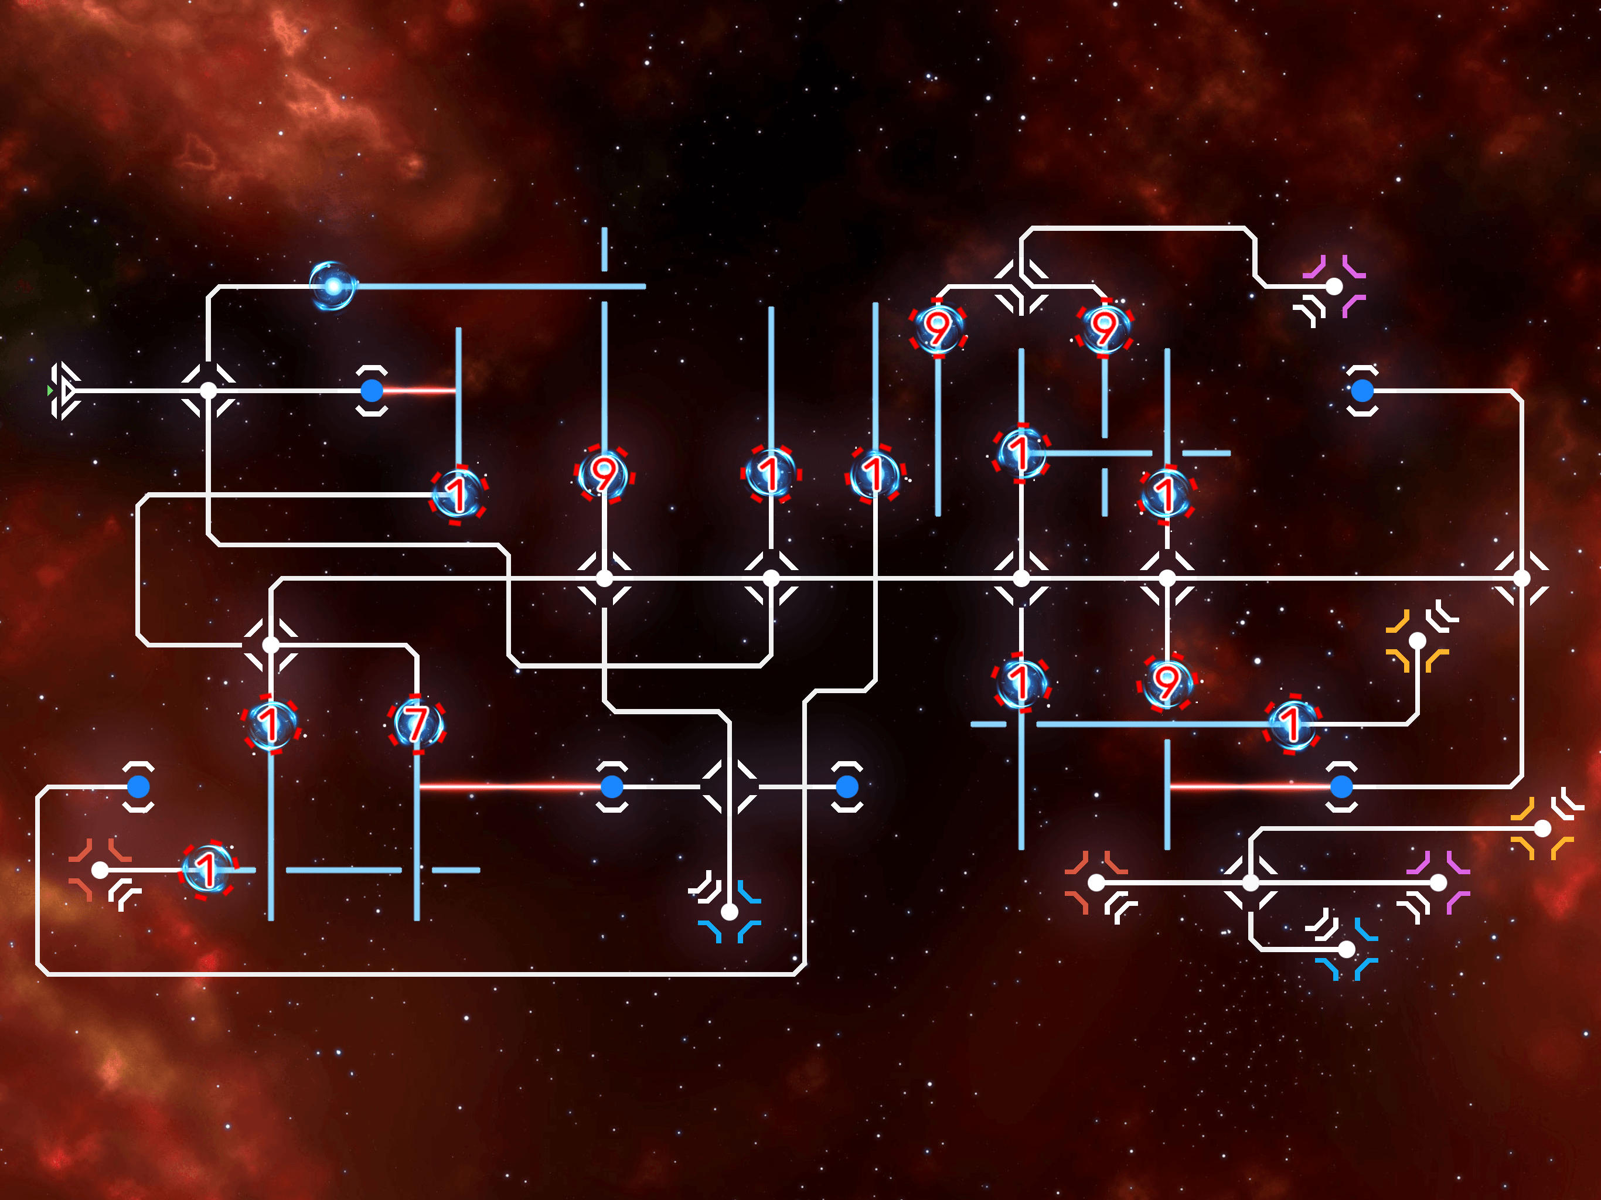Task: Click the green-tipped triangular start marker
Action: tap(64, 391)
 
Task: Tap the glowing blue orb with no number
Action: tap(333, 287)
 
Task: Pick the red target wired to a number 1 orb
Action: tap(100, 870)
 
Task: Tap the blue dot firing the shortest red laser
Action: tap(372, 391)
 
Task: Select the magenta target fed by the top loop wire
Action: tap(1333, 287)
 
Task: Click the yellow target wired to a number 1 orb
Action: tap(1417, 641)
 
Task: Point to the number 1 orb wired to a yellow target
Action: tap(1292, 723)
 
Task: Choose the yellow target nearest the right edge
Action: tap(1542, 829)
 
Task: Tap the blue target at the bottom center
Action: tap(730, 912)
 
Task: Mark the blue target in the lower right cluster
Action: tap(1346, 950)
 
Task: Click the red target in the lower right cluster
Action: tap(1096, 883)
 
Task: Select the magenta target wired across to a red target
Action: tap(1438, 883)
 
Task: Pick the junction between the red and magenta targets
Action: tap(1250, 883)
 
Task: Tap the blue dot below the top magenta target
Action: tap(1362, 391)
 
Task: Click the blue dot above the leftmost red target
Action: tap(138, 787)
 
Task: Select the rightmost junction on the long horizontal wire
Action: tap(1521, 578)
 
